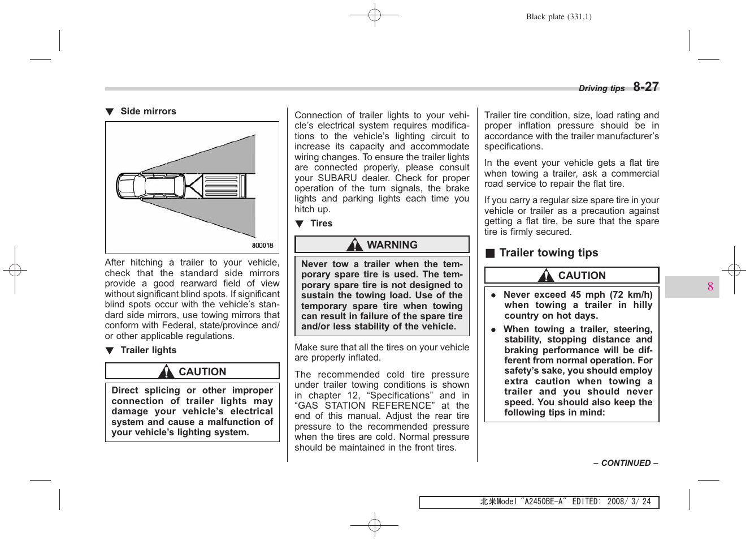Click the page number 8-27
645,87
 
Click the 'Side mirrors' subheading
148,112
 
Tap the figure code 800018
262,246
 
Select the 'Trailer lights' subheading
148,350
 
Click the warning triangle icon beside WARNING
354,245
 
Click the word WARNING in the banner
392,245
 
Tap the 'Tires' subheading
321,224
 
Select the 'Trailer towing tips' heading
548,253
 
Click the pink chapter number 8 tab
710,286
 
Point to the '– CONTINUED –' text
625,463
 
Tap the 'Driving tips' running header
601,88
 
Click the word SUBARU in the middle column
337,178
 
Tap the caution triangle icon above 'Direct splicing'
166,371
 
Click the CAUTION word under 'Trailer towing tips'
582,276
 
